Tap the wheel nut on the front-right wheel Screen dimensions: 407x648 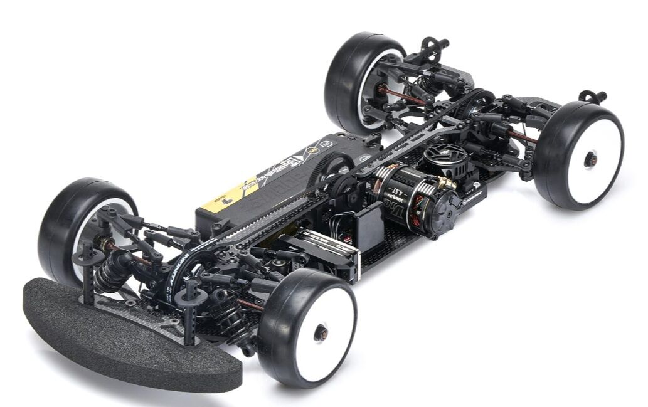(321, 333)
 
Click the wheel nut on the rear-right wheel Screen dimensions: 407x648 (590, 159)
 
